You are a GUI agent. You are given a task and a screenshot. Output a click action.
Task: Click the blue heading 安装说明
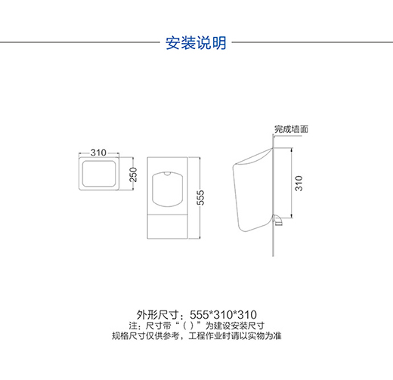pyautogui.click(x=196, y=43)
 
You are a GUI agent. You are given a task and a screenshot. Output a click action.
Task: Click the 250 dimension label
pyautogui.click(x=133, y=175)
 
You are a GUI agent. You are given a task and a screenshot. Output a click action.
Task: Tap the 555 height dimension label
pyautogui.click(x=200, y=198)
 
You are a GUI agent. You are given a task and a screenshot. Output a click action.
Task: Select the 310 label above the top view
pyautogui.click(x=98, y=153)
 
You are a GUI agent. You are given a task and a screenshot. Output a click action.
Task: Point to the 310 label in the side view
pyautogui.click(x=299, y=184)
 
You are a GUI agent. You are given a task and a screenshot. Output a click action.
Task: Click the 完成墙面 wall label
pyautogui.click(x=292, y=129)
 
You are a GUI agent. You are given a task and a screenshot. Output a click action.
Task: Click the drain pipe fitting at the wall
pyautogui.click(x=277, y=220)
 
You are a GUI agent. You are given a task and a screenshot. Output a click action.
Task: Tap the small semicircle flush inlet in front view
pyautogui.click(x=167, y=173)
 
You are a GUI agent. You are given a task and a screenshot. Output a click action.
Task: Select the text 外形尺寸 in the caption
pyautogui.click(x=158, y=315)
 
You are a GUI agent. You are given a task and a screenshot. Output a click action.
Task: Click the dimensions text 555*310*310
pyautogui.click(x=223, y=315)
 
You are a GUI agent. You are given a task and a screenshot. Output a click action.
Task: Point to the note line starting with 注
pyautogui.click(x=196, y=326)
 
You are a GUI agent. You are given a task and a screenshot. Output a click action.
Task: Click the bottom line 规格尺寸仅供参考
pyautogui.click(x=196, y=336)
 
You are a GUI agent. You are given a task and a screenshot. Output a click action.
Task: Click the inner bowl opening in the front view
pyautogui.click(x=167, y=189)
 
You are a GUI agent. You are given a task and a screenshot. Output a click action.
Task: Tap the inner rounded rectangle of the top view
pyautogui.click(x=99, y=174)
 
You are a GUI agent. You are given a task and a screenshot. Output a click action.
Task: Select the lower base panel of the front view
pyautogui.click(x=167, y=226)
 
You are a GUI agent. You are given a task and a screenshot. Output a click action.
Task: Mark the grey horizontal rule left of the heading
pyautogui.click(x=79, y=42)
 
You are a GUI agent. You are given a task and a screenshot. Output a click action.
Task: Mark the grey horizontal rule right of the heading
pyautogui.click(x=312, y=42)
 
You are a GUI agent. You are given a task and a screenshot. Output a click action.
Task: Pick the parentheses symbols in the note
pyautogui.click(x=188, y=326)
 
